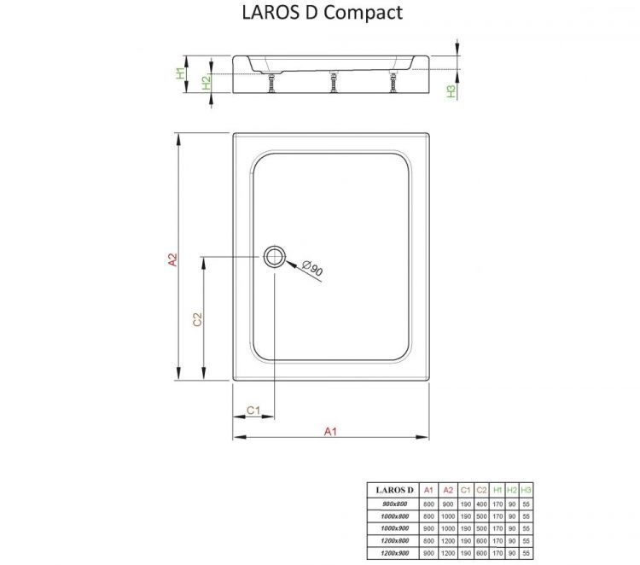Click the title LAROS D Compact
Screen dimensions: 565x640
(x=317, y=13)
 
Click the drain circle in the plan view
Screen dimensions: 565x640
(x=275, y=255)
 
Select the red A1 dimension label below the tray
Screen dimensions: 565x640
(x=331, y=431)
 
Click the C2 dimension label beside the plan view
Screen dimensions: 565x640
(x=197, y=319)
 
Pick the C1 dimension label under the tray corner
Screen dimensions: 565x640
(x=253, y=411)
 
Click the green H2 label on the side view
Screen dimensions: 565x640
(x=206, y=83)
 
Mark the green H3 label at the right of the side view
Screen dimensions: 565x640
(x=451, y=90)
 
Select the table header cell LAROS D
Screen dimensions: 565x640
(x=394, y=490)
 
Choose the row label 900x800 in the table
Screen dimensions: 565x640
(x=394, y=504)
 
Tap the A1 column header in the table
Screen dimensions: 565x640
(x=428, y=490)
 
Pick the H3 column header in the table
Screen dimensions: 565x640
(x=526, y=490)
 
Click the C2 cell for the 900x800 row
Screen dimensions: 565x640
(x=481, y=504)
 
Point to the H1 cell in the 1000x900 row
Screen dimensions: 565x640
(x=497, y=529)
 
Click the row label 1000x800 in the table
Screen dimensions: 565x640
(x=394, y=516)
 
